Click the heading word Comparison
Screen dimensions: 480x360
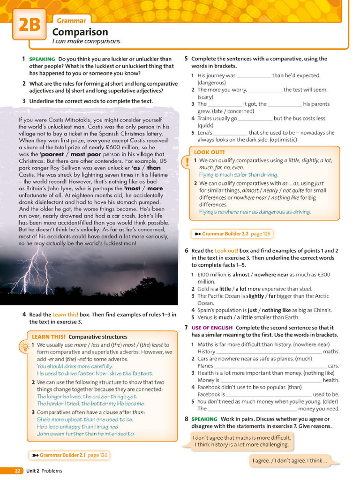click(x=80, y=32)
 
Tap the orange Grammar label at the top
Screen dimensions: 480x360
click(x=71, y=21)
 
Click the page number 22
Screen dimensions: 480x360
click(x=17, y=471)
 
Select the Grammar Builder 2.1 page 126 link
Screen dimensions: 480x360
click(x=69, y=455)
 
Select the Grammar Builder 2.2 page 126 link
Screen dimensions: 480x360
click(x=232, y=233)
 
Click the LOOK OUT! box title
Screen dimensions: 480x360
click(x=209, y=152)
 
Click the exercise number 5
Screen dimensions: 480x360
click(x=186, y=59)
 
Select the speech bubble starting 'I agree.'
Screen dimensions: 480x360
click(x=289, y=460)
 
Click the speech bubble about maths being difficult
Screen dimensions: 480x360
click(x=242, y=441)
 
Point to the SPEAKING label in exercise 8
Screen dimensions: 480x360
click(x=204, y=419)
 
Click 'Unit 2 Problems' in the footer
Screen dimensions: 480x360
click(x=44, y=471)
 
